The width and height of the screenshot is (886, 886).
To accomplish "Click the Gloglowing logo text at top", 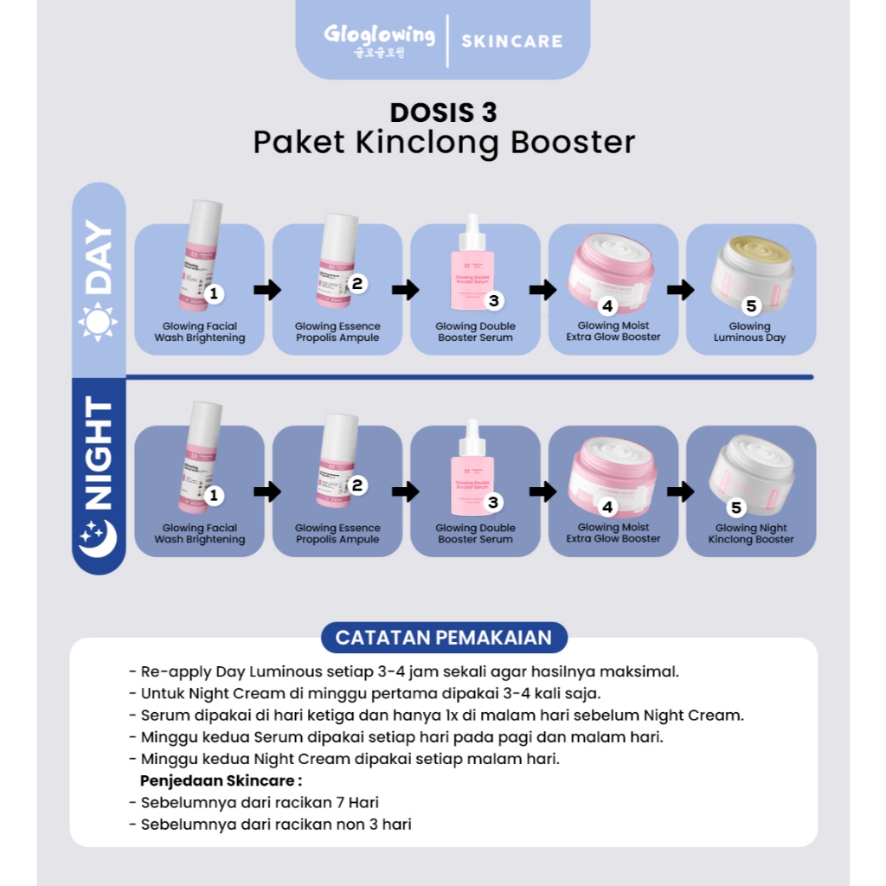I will [379, 36].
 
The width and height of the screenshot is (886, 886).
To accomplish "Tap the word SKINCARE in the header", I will [511, 41].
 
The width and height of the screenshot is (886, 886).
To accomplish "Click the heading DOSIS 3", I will [443, 112].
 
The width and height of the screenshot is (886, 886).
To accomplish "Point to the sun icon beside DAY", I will [98, 322].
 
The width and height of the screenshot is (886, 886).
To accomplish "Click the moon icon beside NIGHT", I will [98, 538].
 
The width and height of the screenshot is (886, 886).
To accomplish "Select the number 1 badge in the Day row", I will [214, 294].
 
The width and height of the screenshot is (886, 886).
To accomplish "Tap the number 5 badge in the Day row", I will [750, 305].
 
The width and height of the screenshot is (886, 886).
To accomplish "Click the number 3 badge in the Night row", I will [493, 503].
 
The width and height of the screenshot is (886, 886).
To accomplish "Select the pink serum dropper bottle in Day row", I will [475, 262].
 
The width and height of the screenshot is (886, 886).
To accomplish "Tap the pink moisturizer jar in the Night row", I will [613, 474].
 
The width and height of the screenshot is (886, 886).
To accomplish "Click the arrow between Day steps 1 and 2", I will [268, 290].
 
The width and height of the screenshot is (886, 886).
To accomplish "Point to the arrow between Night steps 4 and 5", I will [681, 491].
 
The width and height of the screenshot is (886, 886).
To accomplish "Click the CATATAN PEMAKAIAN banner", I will [443, 638].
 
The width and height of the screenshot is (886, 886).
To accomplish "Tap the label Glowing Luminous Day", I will [749, 332].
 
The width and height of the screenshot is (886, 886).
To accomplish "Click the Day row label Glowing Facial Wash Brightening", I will [200, 332].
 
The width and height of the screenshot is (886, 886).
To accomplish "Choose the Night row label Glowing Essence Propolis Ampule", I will [337, 534].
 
